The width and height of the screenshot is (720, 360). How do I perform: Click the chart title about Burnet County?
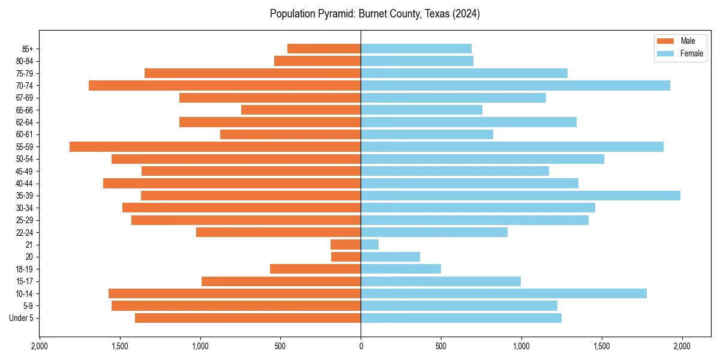[374, 14]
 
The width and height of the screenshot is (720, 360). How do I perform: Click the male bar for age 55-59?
[215, 147]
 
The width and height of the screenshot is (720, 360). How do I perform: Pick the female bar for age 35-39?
[520, 196]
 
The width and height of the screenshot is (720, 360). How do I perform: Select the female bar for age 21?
[370, 244]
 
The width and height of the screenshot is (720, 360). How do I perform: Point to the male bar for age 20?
[346, 257]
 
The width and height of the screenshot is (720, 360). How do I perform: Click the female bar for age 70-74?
[515, 86]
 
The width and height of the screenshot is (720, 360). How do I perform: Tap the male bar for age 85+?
[324, 49]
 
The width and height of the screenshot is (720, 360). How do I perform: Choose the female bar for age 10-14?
[503, 293]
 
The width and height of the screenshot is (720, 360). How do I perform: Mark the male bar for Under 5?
[248, 318]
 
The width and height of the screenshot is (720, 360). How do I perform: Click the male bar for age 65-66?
[301, 110]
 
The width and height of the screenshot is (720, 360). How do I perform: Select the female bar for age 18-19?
[401, 269]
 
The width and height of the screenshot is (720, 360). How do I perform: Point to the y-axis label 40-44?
[25, 184]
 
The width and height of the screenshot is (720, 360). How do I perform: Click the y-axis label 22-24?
[25, 232]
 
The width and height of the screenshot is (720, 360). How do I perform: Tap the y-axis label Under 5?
[22, 318]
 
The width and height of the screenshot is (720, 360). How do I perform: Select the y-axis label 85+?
[27, 49]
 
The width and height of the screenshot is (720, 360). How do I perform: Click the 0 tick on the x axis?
[361, 346]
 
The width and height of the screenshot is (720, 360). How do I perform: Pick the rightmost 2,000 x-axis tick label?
[682, 346]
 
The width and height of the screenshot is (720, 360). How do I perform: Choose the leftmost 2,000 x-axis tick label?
[40, 346]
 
